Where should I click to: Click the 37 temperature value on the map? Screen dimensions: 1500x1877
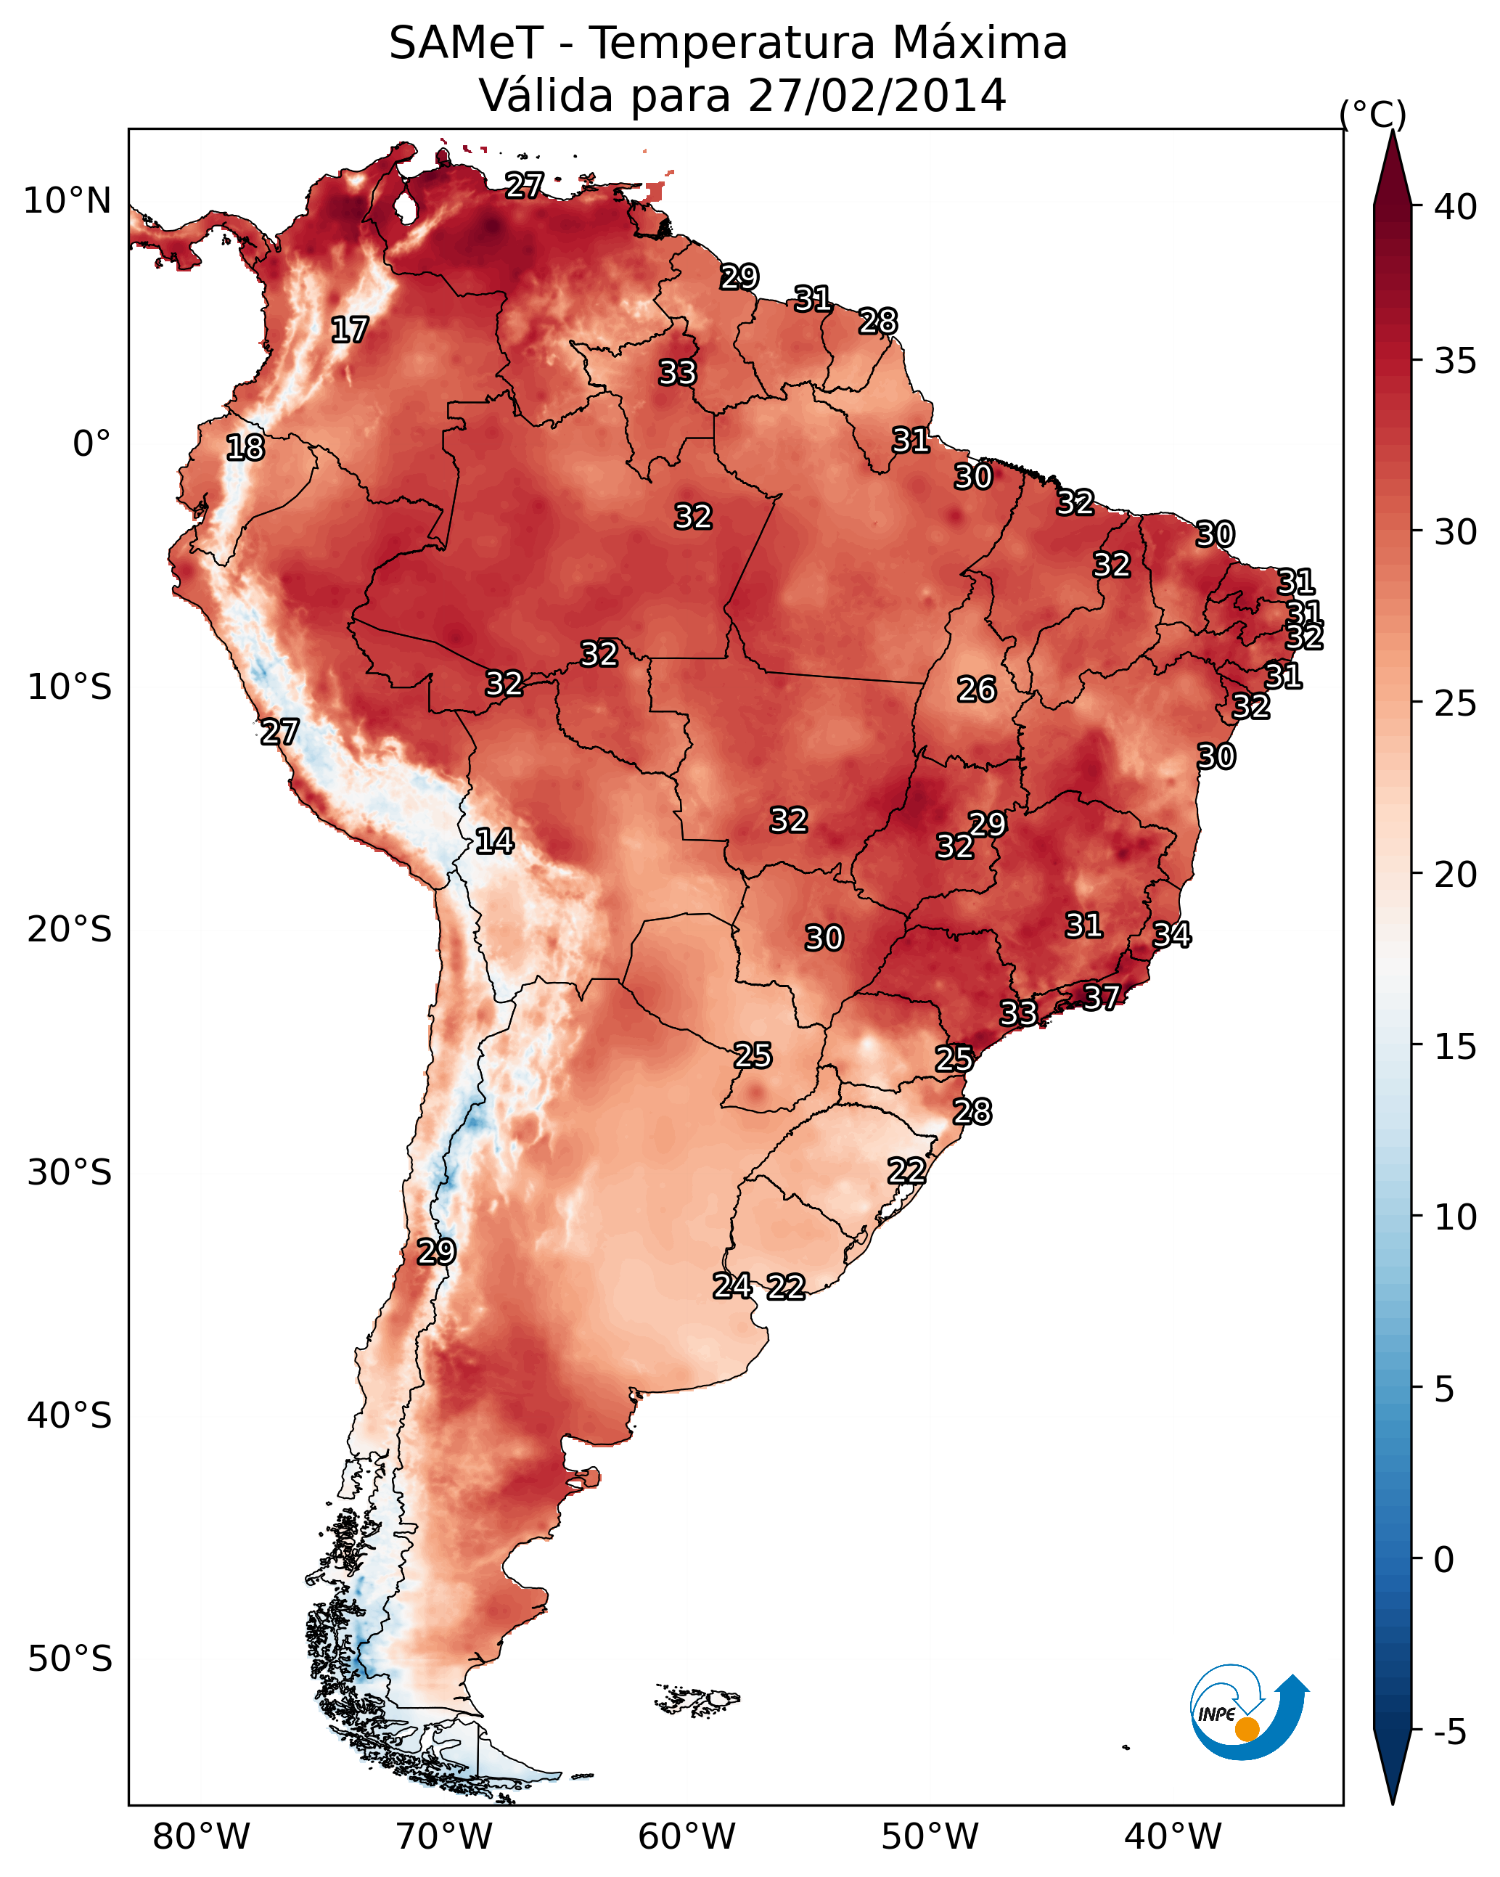click(1102, 997)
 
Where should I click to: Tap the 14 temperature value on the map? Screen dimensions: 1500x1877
click(494, 841)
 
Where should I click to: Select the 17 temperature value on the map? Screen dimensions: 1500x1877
click(350, 330)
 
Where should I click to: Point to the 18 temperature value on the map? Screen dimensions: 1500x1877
click(245, 448)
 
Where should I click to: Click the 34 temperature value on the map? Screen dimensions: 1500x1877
click(1172, 934)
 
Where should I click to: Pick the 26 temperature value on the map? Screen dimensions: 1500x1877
click(977, 690)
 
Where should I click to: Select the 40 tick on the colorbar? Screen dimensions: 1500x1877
click(1456, 207)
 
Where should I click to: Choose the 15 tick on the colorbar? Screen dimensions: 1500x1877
click(1456, 1047)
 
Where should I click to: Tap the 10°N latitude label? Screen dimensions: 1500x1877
click(67, 201)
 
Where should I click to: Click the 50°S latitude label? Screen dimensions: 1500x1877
click(70, 1659)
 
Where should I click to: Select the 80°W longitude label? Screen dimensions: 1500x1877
click(201, 1837)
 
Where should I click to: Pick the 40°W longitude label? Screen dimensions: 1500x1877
click(1173, 1837)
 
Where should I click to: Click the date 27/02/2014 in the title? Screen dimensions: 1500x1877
click(877, 95)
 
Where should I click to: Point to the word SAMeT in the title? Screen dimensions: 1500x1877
click(467, 44)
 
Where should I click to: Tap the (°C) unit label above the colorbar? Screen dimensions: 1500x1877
click(1373, 114)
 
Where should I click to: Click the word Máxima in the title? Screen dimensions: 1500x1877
click(980, 43)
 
